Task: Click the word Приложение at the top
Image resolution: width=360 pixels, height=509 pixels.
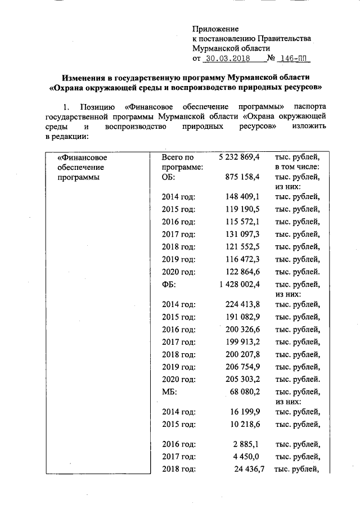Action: point(215,29)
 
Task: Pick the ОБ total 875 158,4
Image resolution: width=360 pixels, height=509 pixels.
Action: point(242,177)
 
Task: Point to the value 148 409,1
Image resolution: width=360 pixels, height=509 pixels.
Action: point(242,196)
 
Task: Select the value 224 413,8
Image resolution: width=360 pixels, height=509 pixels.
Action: point(242,304)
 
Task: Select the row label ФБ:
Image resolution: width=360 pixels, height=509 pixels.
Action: point(169,285)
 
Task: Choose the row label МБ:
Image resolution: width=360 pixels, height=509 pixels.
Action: point(169,393)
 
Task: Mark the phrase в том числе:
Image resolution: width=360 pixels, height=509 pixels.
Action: point(297,168)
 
